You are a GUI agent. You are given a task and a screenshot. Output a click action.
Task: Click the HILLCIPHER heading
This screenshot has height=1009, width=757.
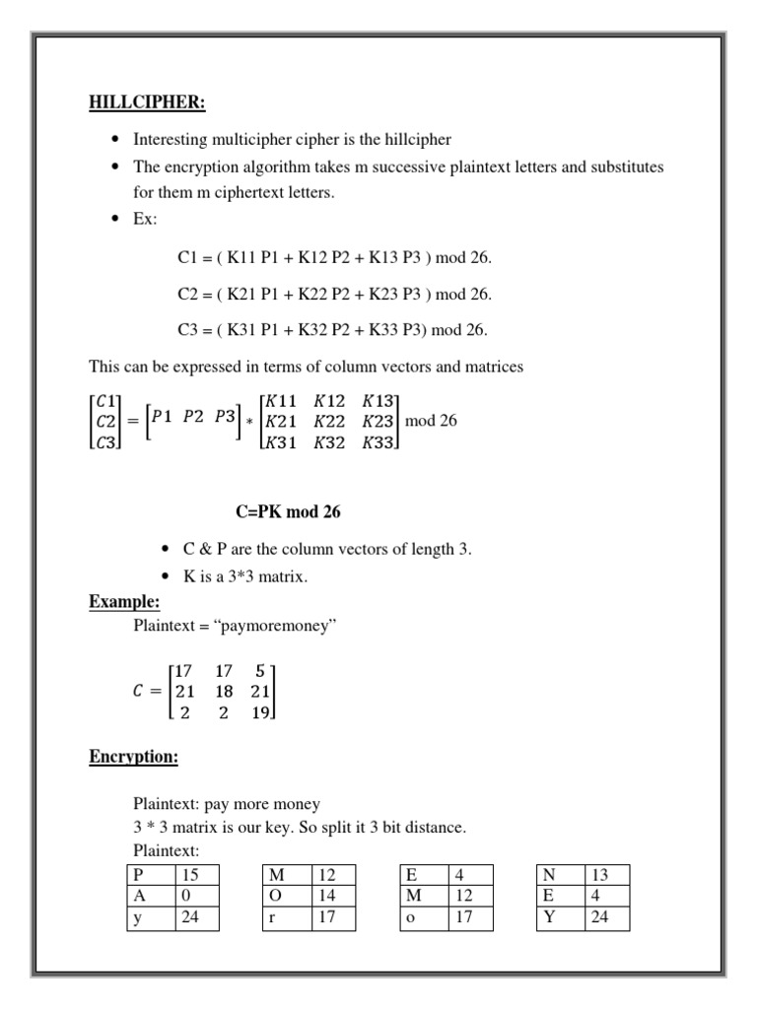(x=148, y=103)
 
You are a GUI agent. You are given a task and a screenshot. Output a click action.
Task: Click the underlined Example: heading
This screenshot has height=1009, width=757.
(x=124, y=601)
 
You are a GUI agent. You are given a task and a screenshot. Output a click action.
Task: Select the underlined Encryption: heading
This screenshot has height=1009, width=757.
(x=132, y=757)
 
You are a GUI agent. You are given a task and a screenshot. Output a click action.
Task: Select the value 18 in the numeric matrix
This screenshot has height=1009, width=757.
(x=223, y=691)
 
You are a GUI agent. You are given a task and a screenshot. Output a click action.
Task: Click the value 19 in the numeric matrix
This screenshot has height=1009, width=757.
(x=260, y=712)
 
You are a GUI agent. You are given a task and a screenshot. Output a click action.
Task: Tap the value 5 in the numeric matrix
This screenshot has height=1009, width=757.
(x=259, y=669)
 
